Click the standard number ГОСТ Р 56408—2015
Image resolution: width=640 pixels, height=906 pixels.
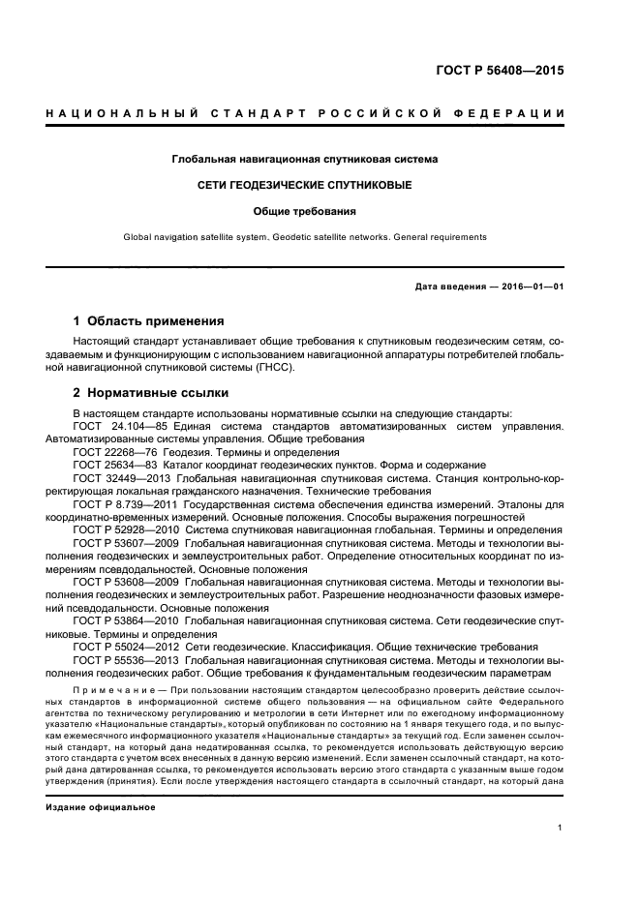pos(501,72)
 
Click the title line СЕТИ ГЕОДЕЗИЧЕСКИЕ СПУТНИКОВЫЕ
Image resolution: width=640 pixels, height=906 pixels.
pos(305,184)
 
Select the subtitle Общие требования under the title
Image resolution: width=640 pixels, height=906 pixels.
pos(305,210)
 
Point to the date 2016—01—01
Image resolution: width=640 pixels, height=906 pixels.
pos(531,287)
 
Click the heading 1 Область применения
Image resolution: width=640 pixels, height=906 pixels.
pos(149,320)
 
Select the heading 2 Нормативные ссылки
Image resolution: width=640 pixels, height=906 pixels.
pos(151,393)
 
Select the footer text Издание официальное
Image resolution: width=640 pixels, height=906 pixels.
pos(100,806)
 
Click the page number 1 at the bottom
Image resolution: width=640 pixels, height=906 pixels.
pos(561,828)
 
